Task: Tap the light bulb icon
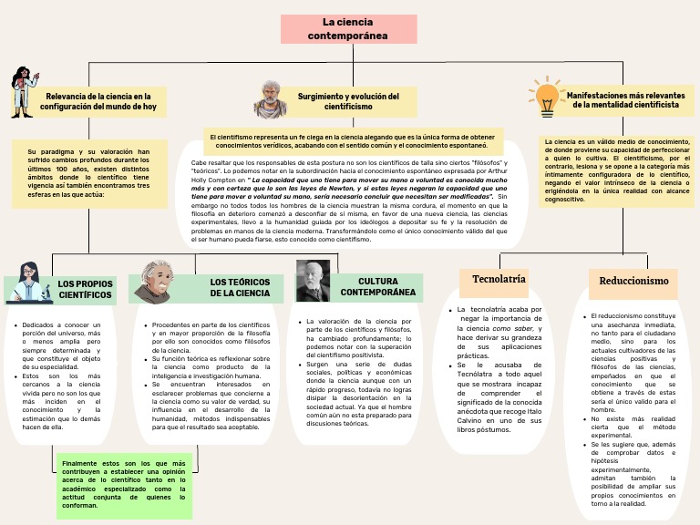point(547,94)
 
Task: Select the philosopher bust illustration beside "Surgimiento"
point(271,98)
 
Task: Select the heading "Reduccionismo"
point(633,281)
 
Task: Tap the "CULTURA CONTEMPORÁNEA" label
point(377,287)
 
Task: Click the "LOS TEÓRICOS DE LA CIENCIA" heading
point(240,288)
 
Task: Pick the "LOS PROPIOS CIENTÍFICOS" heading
point(85,290)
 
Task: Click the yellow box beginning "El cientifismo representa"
point(351,140)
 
